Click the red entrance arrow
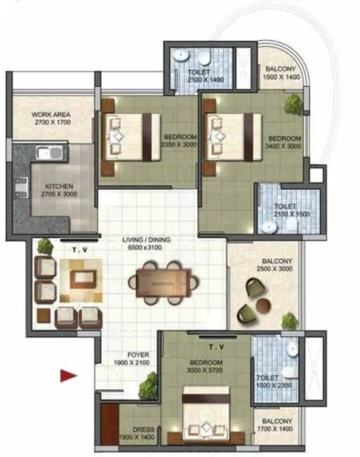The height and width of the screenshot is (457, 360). (67, 376)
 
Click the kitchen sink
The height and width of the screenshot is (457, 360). (47, 152)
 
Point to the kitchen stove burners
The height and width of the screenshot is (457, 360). (20, 187)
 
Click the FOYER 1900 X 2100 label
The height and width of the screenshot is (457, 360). (131, 359)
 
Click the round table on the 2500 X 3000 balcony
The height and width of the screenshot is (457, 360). (263, 305)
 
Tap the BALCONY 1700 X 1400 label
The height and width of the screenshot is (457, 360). (277, 426)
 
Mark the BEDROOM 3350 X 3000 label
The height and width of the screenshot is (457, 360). (179, 141)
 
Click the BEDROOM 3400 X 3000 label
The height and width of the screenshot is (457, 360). (284, 142)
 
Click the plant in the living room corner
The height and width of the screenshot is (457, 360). (44, 246)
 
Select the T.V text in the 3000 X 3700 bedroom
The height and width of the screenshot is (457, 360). (215, 347)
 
